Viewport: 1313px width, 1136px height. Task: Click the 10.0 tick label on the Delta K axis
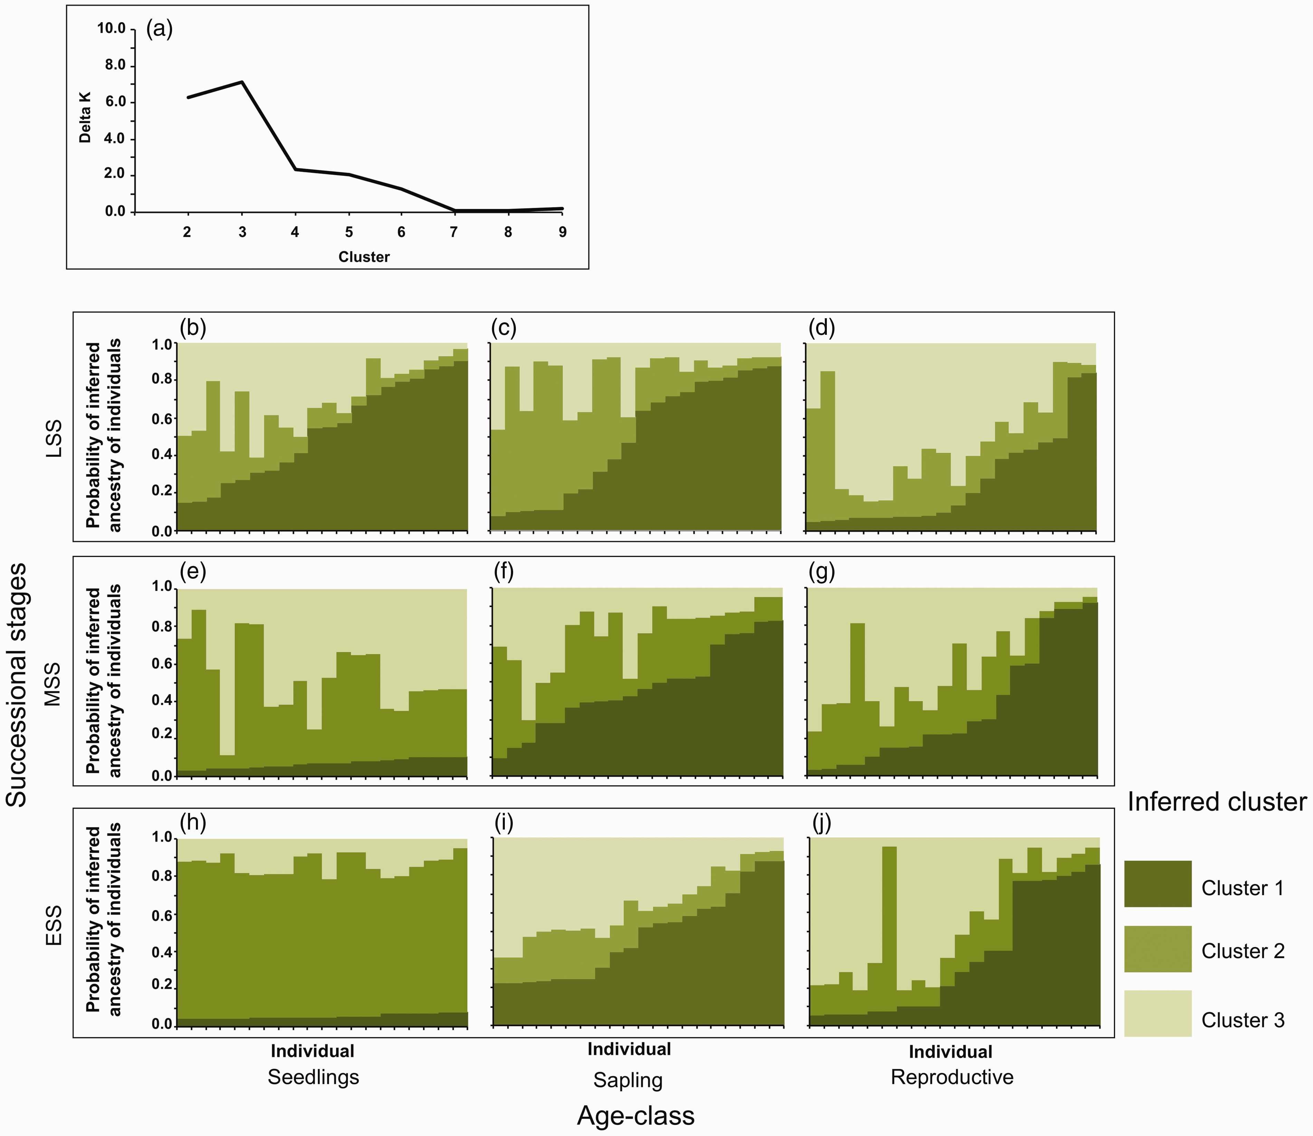111,29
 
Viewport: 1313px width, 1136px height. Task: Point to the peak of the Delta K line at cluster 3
242,82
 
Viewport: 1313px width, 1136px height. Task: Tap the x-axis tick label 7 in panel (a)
453,232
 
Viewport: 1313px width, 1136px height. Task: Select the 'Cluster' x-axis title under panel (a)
364,257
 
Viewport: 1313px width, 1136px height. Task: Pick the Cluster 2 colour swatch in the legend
1158,949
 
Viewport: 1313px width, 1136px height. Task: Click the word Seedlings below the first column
313,1077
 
